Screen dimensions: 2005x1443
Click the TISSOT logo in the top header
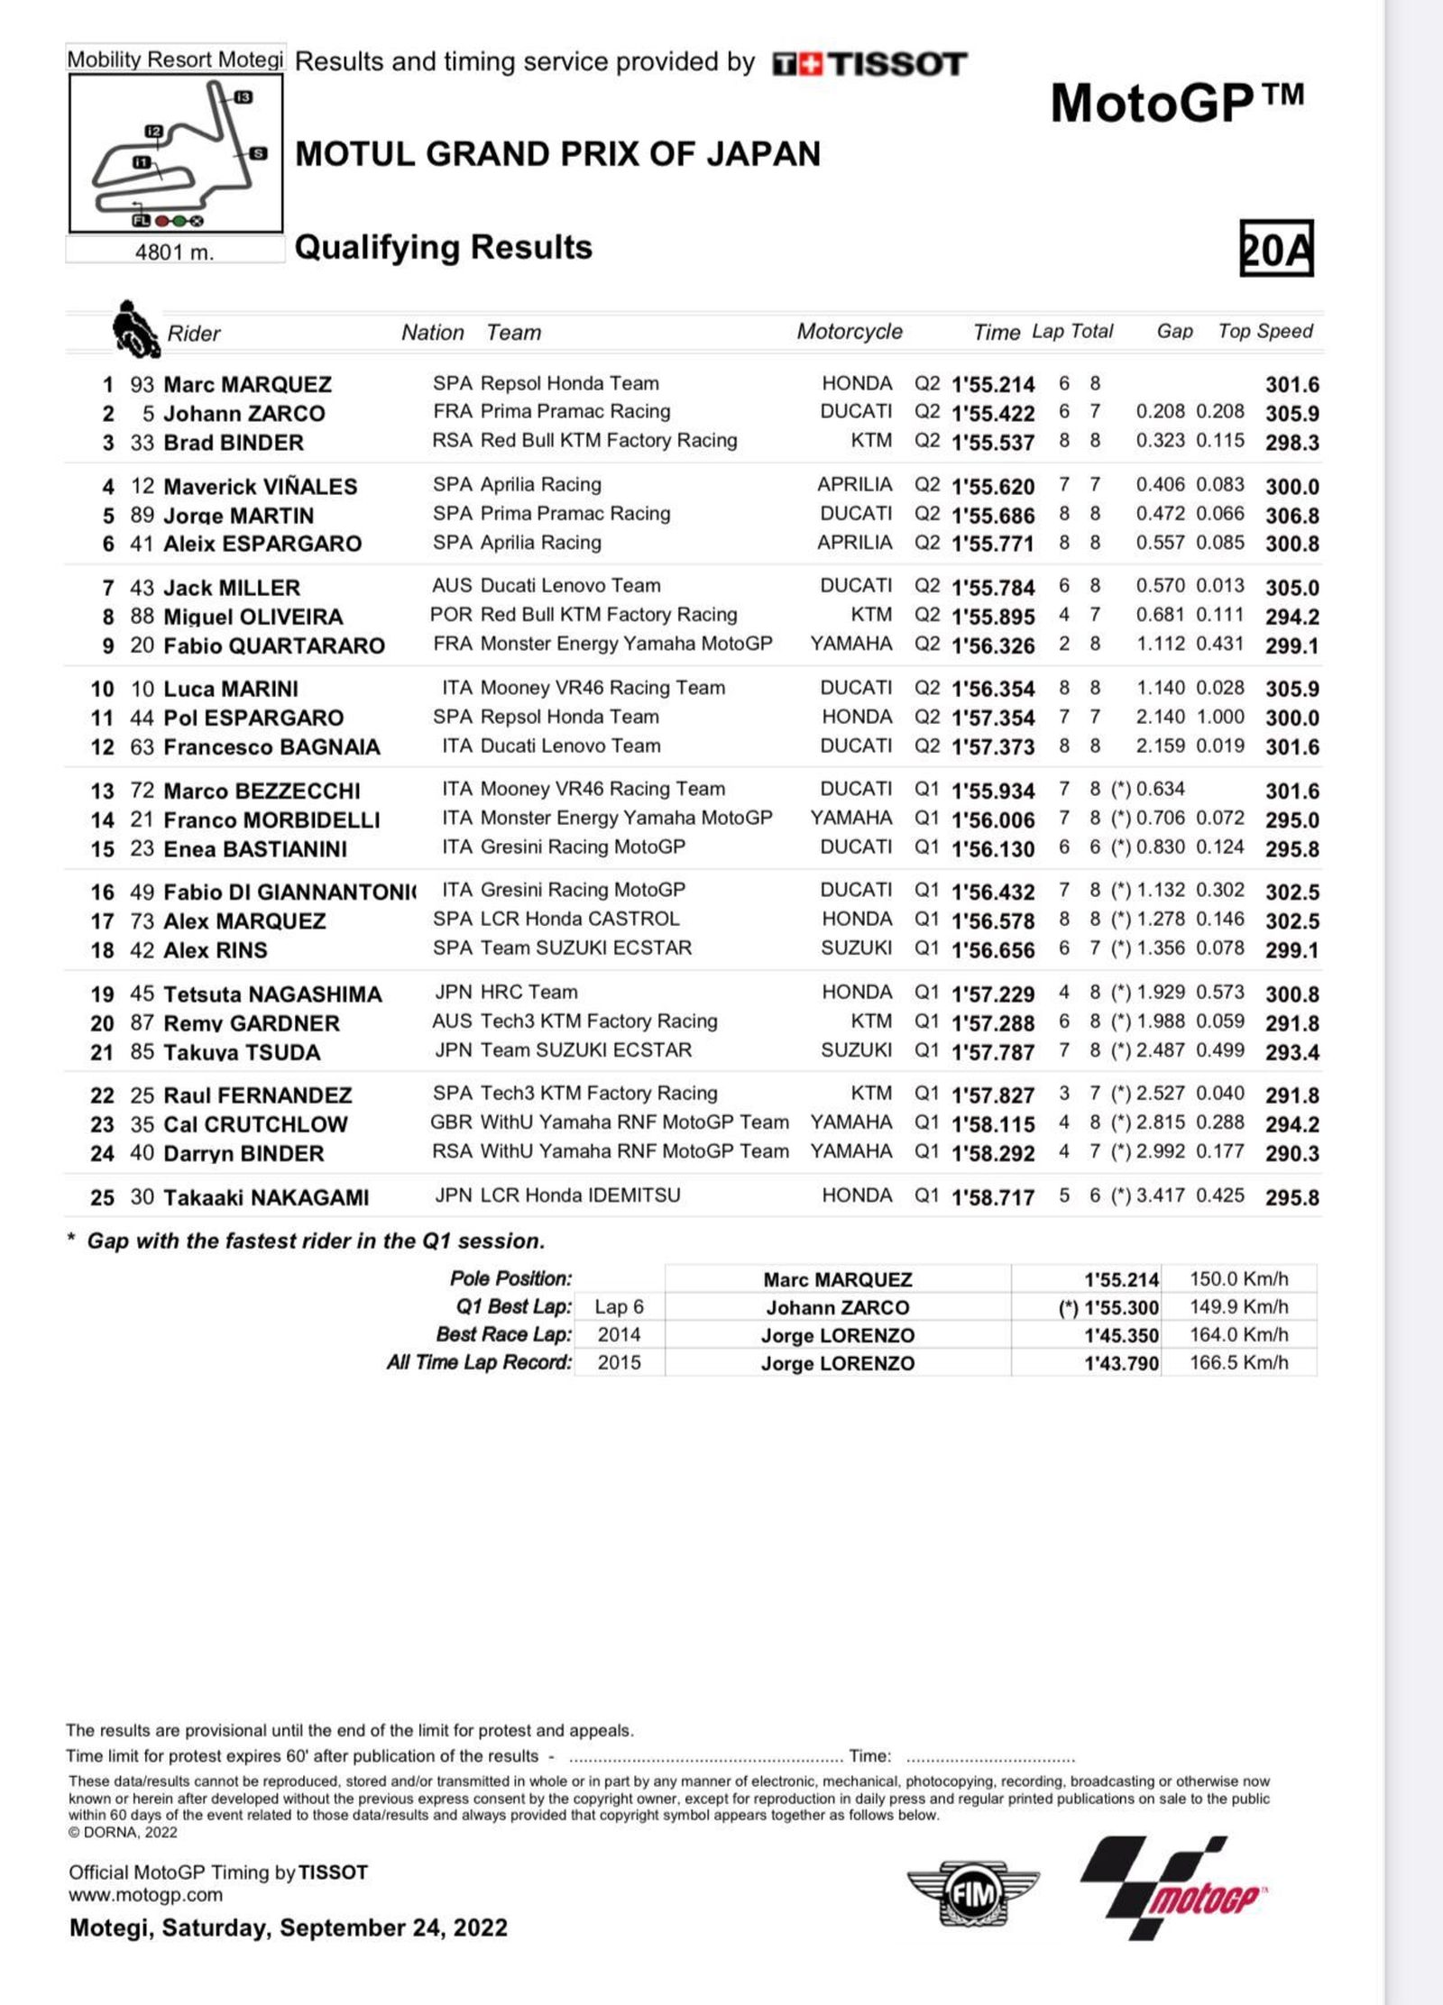[869, 64]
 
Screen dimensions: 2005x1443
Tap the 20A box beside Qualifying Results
[1276, 248]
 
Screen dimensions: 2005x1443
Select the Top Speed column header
[1264, 332]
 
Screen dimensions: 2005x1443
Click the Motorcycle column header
[849, 332]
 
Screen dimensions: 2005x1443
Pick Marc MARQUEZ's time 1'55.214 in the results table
[993, 385]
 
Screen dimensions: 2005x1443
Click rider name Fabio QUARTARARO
[273, 645]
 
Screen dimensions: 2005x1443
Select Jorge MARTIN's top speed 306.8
[1291, 516]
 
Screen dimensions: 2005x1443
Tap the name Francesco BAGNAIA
[271, 747]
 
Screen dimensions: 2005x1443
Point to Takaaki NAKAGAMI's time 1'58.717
[993, 1197]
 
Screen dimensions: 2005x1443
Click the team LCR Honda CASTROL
[580, 920]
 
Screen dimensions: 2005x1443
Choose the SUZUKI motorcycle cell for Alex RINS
[856, 948]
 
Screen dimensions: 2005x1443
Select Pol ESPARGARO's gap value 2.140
[1160, 718]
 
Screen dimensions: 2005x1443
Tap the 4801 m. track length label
[174, 252]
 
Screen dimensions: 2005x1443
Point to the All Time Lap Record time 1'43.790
[1121, 1363]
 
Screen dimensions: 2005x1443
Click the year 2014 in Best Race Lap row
[619, 1335]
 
